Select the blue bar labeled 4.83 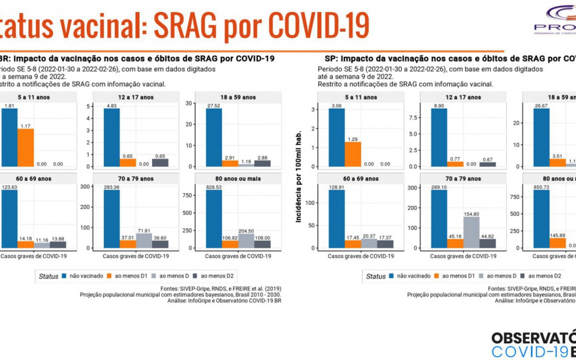[x=111, y=137]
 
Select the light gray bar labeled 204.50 [x=246, y=240]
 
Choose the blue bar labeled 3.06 [x=336, y=137]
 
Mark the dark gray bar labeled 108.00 [x=263, y=244]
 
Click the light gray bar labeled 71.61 [x=144, y=240]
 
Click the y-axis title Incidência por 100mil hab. [x=299, y=177]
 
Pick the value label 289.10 [x=439, y=187]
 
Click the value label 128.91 [x=336, y=187]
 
